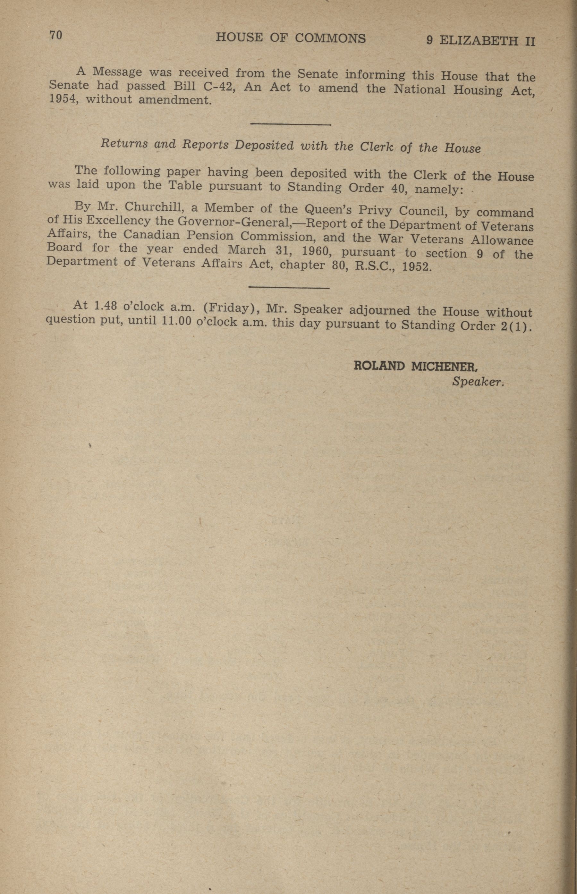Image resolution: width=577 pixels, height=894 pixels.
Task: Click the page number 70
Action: (55, 36)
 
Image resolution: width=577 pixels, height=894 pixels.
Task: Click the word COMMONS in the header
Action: (330, 38)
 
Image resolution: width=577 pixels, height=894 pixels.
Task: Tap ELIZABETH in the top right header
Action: (479, 41)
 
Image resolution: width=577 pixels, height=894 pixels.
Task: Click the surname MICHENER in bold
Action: (444, 366)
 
